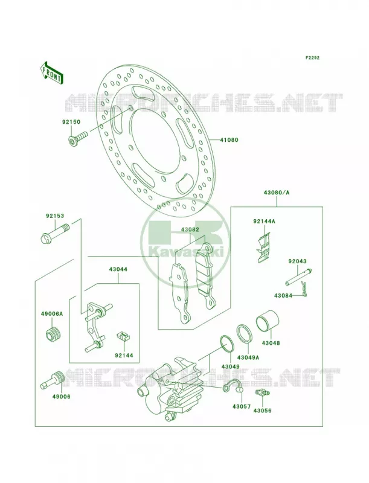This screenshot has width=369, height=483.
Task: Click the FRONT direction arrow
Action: [x=52, y=73]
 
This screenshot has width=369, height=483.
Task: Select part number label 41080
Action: [x=229, y=140]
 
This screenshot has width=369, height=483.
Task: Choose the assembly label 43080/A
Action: [x=276, y=193]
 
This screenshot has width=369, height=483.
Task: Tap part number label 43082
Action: [x=190, y=229]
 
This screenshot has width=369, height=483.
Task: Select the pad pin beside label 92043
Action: [x=298, y=277]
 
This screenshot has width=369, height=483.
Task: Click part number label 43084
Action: [x=283, y=296]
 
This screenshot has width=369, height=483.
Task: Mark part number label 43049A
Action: [x=248, y=357]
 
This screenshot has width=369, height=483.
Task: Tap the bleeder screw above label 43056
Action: [x=262, y=393]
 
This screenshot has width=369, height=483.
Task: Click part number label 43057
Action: [x=242, y=406]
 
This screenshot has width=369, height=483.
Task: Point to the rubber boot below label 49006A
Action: [x=54, y=334]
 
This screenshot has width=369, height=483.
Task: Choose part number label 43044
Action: [x=118, y=269]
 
